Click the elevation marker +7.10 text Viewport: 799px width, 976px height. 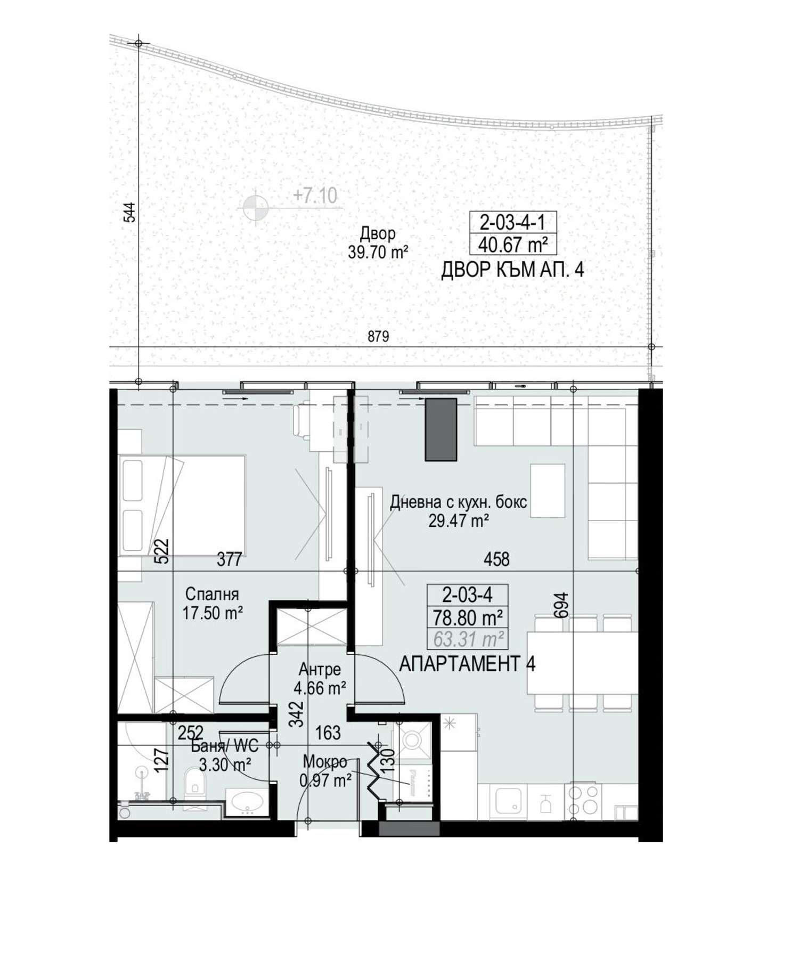pos(315,196)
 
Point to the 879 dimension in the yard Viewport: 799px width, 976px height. pos(378,336)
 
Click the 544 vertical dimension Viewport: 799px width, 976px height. pos(129,212)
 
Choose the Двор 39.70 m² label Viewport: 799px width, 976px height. pos(378,242)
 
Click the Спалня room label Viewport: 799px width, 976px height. pos(212,594)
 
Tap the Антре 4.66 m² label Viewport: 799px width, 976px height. pos(320,679)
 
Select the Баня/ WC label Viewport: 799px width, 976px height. pos(225,746)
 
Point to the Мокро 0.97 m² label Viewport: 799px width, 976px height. pos(325,771)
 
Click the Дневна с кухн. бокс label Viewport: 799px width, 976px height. pos(459,502)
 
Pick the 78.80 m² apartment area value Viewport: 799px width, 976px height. pos(468,618)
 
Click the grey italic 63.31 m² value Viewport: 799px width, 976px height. pos(468,638)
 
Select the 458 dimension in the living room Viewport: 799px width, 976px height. pos(496,559)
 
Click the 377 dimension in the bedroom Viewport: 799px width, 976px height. pos(230,559)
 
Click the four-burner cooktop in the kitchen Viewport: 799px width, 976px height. pos(584,801)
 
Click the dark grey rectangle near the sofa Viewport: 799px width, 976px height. pos(441,429)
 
